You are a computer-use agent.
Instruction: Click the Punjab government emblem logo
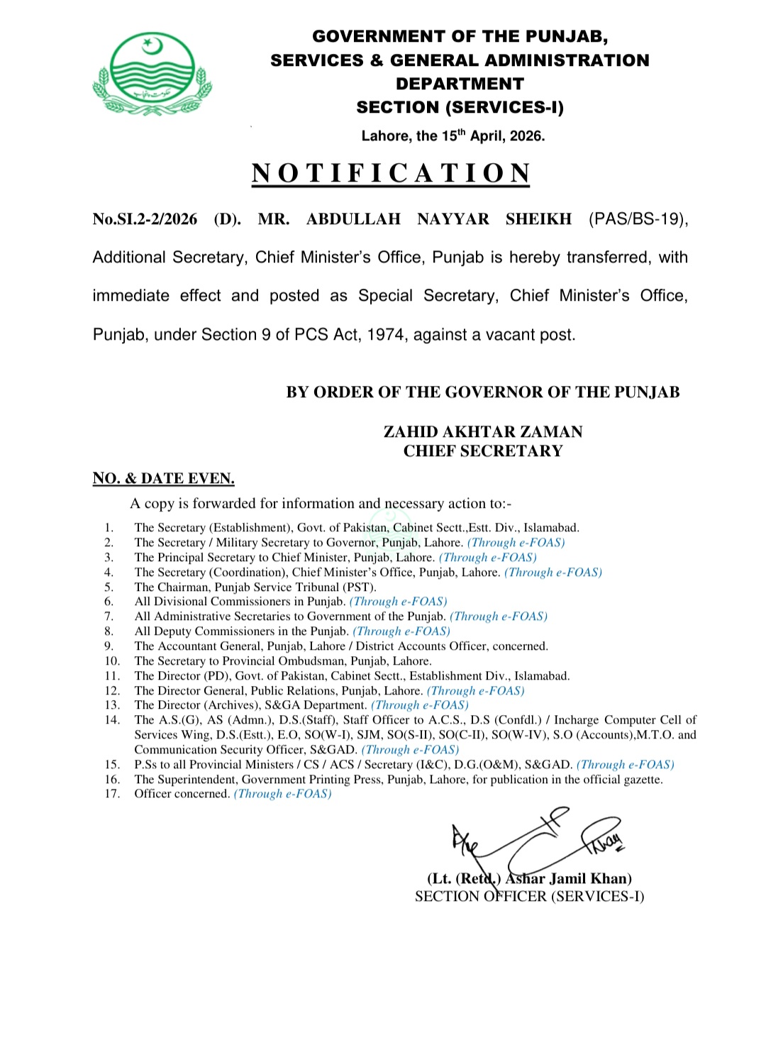point(152,74)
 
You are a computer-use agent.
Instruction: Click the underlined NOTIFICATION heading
point(391,174)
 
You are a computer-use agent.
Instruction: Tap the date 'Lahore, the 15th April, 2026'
point(453,135)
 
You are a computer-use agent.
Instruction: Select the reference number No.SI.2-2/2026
point(145,219)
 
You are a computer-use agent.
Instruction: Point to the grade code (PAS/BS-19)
point(638,219)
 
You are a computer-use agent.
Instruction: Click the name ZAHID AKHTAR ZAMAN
point(482,432)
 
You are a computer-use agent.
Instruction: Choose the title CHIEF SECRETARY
point(482,451)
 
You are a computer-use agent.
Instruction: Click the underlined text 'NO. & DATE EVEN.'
point(163,479)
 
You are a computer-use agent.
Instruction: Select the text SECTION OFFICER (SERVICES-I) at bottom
point(529,897)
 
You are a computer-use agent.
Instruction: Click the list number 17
point(112,794)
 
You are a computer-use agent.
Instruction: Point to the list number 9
point(109,646)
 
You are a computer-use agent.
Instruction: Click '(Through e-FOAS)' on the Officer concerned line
point(282,794)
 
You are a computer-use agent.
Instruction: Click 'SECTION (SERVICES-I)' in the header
point(460,108)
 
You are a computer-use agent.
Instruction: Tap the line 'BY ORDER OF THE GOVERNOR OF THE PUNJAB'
point(482,392)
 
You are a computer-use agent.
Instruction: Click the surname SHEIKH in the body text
point(538,219)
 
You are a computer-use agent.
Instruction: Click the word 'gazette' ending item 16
point(642,780)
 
